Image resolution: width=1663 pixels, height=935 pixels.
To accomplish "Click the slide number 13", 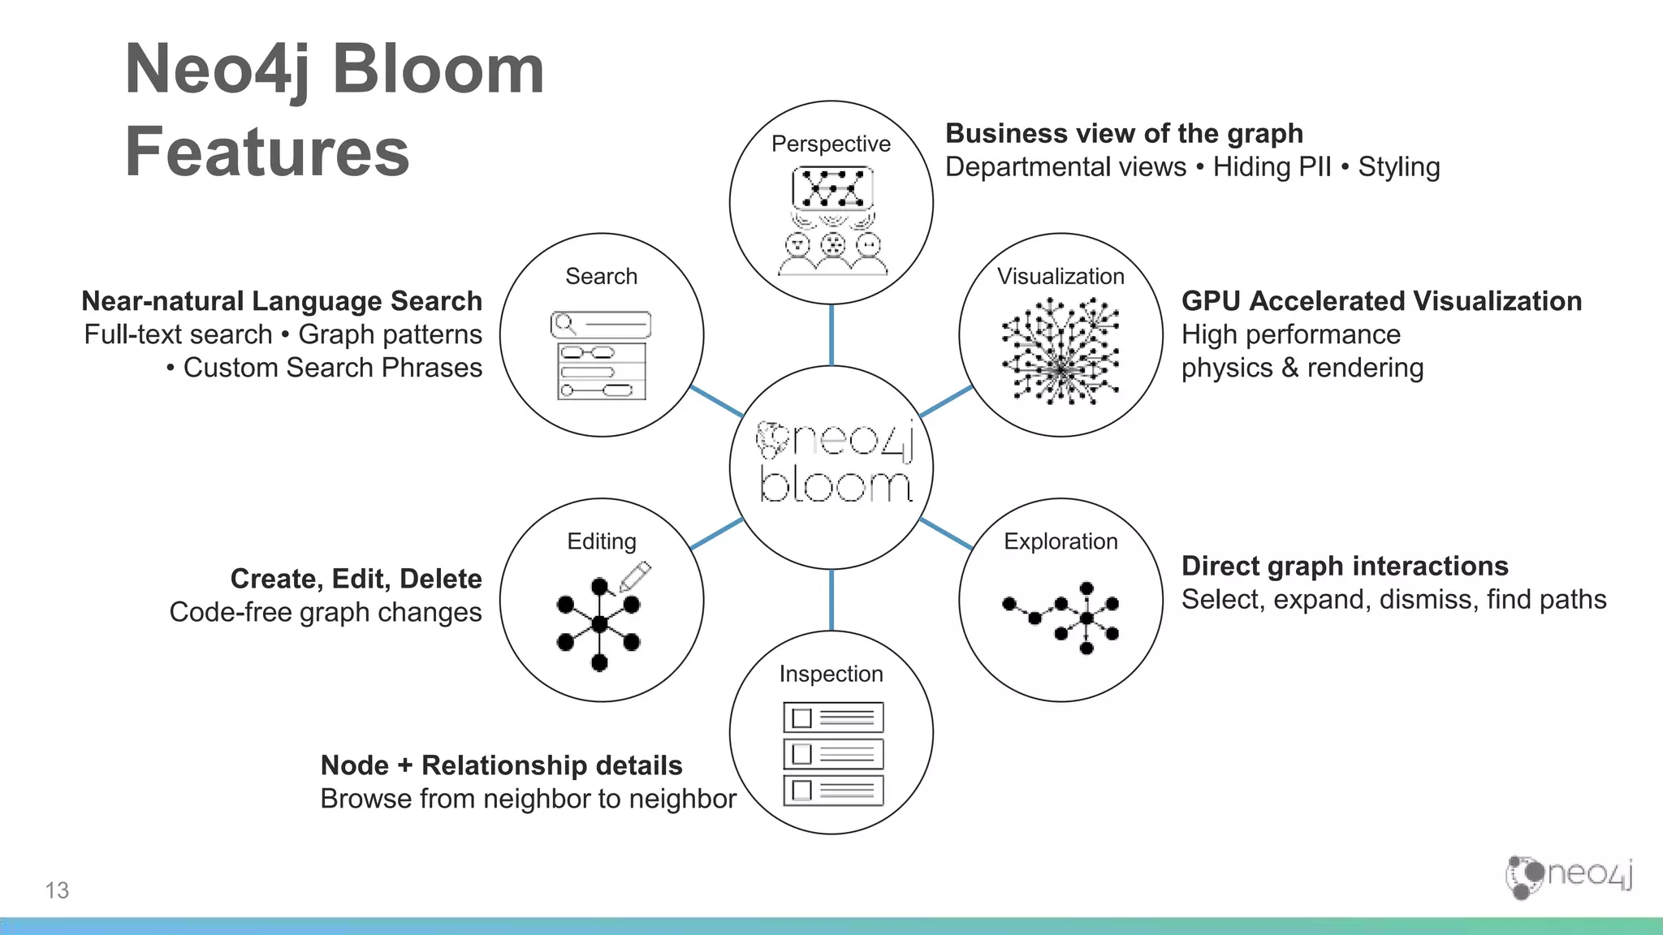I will tap(57, 890).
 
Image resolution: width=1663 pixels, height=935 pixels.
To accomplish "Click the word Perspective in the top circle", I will tap(831, 144).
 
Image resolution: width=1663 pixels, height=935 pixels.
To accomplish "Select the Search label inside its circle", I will tap(601, 276).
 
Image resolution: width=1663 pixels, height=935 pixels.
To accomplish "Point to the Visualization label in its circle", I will tap(1060, 276).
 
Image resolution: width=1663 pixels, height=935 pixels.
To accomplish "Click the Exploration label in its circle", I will tap(1060, 541).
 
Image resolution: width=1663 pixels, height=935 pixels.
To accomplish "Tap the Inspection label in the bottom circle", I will tap(831, 674).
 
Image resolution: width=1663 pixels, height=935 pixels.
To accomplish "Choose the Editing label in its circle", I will tap(601, 541).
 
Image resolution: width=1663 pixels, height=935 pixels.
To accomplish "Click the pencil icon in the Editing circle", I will tap(636, 576).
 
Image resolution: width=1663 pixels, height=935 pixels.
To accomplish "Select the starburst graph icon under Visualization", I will tap(1060, 351).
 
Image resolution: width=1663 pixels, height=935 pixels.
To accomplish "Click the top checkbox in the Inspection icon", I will tap(801, 718).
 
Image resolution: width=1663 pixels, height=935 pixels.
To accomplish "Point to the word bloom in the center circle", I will tap(835, 485).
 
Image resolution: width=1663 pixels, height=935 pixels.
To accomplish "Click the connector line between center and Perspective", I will tap(831, 334).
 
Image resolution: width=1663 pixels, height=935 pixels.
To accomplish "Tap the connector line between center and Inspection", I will tap(831, 600).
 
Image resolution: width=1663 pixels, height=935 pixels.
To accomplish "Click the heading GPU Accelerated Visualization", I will tap(1381, 301).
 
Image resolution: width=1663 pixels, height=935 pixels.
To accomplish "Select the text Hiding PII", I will tap(1272, 167).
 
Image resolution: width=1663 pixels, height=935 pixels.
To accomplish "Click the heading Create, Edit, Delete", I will tap(356, 579).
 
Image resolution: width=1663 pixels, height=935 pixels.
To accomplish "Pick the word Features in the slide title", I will tap(267, 152).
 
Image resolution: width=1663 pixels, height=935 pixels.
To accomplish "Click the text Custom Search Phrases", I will tap(332, 368).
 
